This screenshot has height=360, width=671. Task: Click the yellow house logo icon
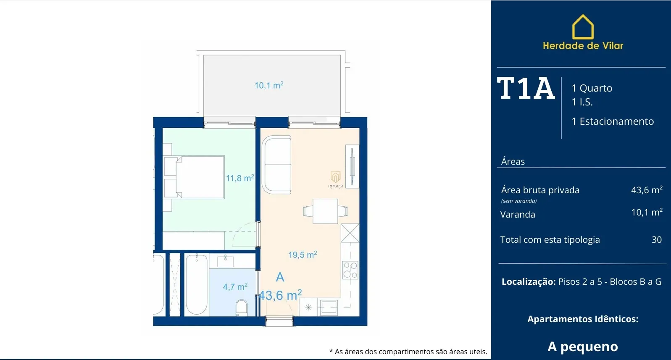tap(583, 27)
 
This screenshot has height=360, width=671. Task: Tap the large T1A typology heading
tap(526, 88)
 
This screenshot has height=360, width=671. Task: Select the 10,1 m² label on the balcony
tap(269, 85)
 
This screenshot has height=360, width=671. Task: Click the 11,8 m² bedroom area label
tap(240, 178)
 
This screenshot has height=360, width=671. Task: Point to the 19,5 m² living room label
tap(303, 255)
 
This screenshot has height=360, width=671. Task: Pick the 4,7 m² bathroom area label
tap(235, 287)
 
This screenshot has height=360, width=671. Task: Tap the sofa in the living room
tap(277, 164)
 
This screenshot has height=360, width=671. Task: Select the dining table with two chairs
tap(325, 211)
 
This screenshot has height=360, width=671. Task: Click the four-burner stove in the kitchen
tap(350, 270)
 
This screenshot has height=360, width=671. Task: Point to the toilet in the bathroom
tap(242, 308)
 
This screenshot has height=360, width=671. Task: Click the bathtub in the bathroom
tap(197, 284)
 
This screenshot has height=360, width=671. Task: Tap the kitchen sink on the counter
tap(329, 307)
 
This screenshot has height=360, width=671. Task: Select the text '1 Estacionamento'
tap(613, 121)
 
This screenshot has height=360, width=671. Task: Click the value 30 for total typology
tap(657, 239)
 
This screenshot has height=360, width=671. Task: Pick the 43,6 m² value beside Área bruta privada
tap(647, 190)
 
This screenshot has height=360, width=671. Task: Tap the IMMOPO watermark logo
tap(335, 180)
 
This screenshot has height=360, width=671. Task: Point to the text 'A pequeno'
tap(583, 347)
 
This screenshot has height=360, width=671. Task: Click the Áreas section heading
tap(513, 161)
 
